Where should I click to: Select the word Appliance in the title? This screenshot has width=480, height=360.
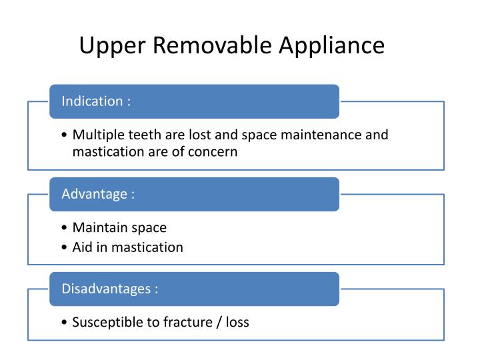tap(331, 46)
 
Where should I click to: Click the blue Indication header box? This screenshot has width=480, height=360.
tap(194, 101)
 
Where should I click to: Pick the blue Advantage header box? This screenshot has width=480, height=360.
tap(194, 194)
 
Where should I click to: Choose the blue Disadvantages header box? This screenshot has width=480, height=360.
tap(194, 289)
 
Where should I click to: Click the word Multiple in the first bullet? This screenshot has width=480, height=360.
tap(97, 135)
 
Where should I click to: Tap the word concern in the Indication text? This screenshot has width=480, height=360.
tap(215, 151)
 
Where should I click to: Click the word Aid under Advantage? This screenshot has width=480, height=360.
tap(83, 247)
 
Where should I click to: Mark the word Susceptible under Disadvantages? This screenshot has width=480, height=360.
tap(107, 322)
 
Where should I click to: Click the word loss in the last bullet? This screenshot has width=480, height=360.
tap(237, 322)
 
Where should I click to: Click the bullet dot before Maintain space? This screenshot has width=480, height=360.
tap(64, 228)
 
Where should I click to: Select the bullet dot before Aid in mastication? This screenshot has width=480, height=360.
tap(64, 247)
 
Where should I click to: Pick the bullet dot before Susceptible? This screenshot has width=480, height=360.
tap(64, 323)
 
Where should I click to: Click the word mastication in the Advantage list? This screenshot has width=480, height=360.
tap(147, 247)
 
